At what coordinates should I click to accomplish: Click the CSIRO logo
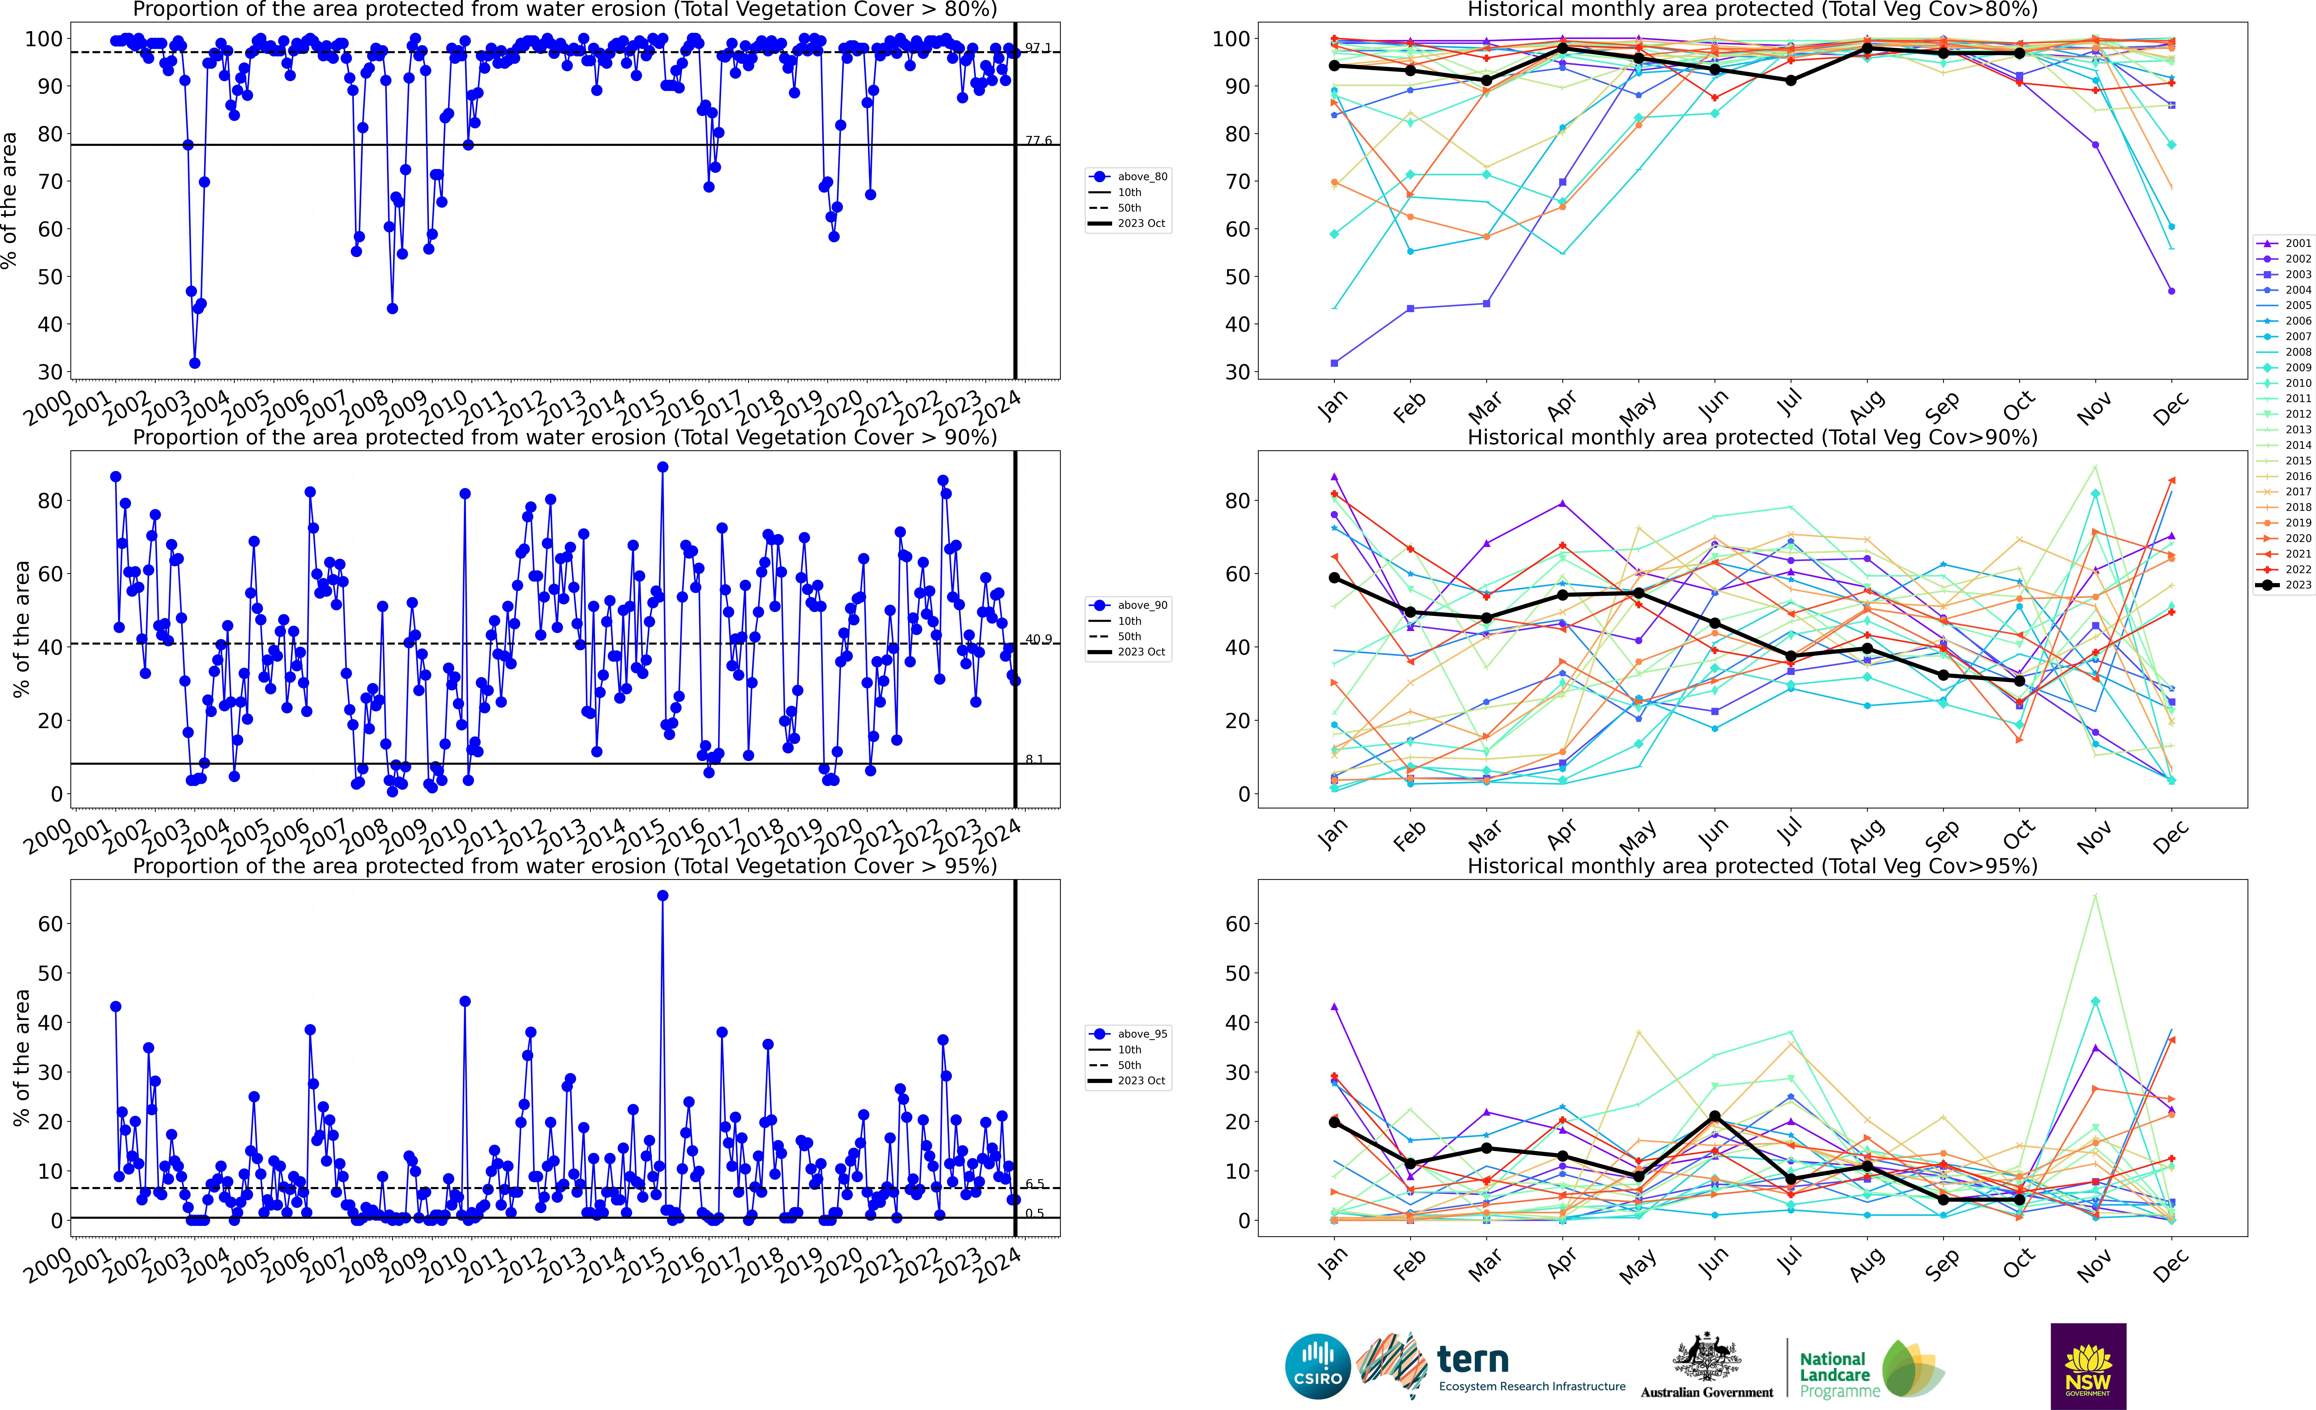click(1318, 1366)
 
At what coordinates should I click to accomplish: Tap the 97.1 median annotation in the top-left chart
click(1038, 48)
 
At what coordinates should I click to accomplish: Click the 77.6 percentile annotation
click(1038, 141)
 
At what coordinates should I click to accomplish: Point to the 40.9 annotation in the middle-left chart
click(1038, 640)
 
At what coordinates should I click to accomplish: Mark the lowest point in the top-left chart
click(194, 363)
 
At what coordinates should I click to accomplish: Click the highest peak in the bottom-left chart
click(663, 896)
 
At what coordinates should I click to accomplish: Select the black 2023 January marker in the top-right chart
click(1334, 66)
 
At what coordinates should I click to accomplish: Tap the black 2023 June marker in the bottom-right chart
click(1714, 1117)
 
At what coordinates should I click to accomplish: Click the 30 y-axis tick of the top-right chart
click(1230, 372)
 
